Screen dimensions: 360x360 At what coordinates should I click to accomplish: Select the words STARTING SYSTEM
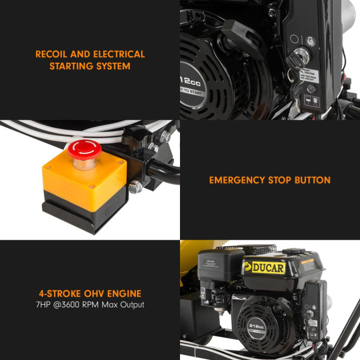pyautogui.click(x=89, y=66)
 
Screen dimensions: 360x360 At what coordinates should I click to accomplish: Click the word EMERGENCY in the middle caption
pyautogui.click(x=237, y=180)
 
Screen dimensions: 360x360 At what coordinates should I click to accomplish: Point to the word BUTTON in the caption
pyautogui.click(x=312, y=180)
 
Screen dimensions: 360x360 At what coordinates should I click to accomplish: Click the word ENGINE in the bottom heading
pyautogui.click(x=125, y=293)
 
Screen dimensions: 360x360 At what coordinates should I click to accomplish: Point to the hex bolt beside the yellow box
pyautogui.click(x=135, y=188)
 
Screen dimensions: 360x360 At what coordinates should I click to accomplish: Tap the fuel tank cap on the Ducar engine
pyautogui.click(x=294, y=251)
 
